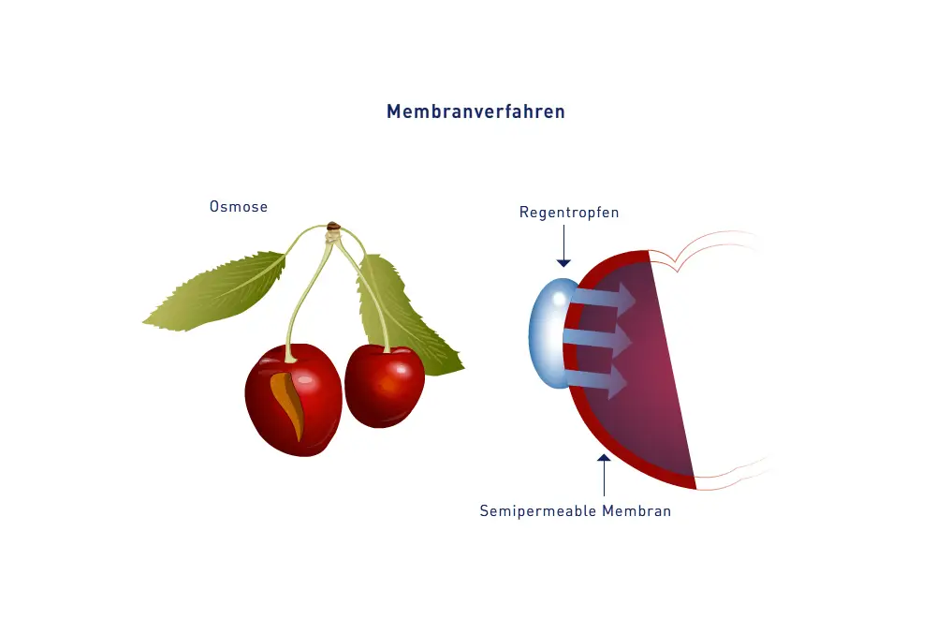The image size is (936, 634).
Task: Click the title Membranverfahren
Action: (475, 111)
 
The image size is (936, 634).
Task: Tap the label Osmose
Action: (239, 207)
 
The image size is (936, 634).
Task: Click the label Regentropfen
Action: (569, 213)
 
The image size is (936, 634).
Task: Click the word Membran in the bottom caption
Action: (637, 511)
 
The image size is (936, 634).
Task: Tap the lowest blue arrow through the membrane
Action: (599, 378)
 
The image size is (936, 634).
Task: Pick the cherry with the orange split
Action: (293, 398)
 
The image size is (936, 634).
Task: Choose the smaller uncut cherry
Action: (384, 385)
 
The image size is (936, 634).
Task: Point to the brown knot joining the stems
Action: (332, 226)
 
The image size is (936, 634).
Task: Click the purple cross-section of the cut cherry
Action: (646, 375)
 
